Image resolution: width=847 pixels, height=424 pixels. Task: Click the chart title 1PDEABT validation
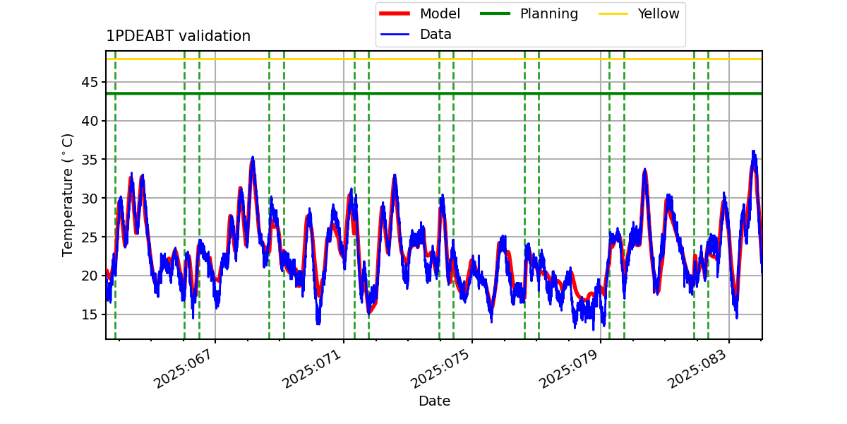coord(179,36)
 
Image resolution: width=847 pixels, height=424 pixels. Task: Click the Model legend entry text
coord(440,13)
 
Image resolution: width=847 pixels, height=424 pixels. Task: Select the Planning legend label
coord(549,14)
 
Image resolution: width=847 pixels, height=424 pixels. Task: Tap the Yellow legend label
coord(659,13)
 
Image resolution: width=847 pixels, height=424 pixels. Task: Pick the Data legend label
coord(435,35)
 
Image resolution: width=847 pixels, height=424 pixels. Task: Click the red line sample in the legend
coord(395,13)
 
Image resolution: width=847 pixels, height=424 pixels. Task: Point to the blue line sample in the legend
coord(395,35)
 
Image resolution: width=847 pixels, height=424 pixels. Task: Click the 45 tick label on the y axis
coord(89,82)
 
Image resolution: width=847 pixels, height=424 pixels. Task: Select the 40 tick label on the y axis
coord(89,121)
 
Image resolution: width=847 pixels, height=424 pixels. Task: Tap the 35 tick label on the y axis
coord(89,160)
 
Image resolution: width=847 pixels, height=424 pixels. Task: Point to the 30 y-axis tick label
coord(89,199)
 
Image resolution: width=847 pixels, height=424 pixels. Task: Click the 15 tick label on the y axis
coord(89,314)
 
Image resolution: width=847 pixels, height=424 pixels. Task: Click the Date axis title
coord(435,401)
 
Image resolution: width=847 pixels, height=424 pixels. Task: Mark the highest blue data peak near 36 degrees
coord(753,151)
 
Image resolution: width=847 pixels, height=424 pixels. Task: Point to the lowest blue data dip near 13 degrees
coord(594,329)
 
